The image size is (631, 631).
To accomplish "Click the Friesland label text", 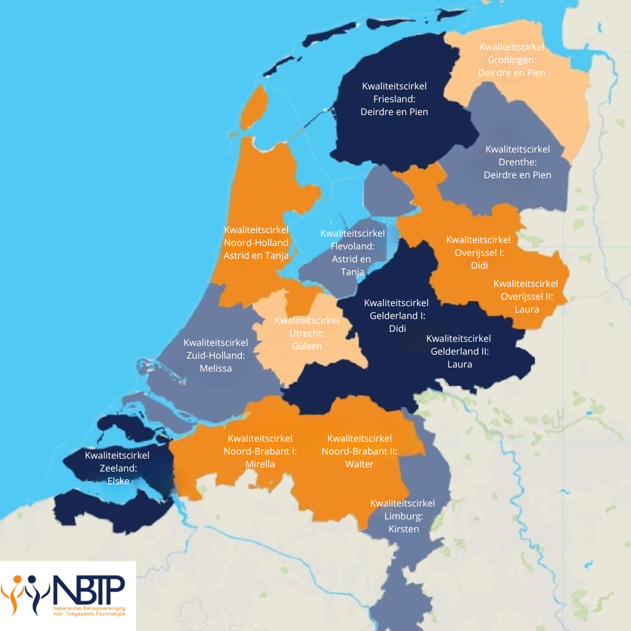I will click(394, 99).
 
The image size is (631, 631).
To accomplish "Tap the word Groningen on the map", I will click(511, 60).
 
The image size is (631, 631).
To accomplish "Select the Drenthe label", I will click(517, 162).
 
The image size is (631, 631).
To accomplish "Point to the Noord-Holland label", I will click(256, 242).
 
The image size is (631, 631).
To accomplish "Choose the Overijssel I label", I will click(479, 252).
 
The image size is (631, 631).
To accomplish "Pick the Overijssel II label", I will click(526, 296).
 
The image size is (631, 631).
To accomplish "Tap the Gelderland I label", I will click(397, 315).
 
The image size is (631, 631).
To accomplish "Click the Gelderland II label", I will click(459, 351).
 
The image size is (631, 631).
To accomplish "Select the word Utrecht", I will click(306, 333).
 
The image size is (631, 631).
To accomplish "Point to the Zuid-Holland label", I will click(216, 355).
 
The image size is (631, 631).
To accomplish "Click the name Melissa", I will click(216, 368).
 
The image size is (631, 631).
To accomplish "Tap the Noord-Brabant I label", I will click(260, 451).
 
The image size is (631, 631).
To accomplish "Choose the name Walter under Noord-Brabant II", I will click(359, 464).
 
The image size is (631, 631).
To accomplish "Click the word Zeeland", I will click(117, 468).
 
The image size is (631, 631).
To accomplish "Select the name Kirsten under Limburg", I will click(403, 529).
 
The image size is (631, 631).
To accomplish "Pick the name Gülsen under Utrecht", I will click(306, 346).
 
